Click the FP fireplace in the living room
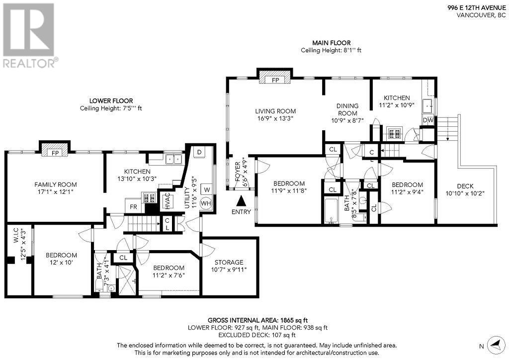[275, 80]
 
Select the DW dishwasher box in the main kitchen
[428, 120]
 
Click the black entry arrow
[241, 201]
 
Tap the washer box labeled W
[206, 189]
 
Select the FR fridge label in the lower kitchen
[134, 206]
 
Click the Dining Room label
[347, 109]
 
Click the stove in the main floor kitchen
[394, 133]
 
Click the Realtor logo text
[30, 63]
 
